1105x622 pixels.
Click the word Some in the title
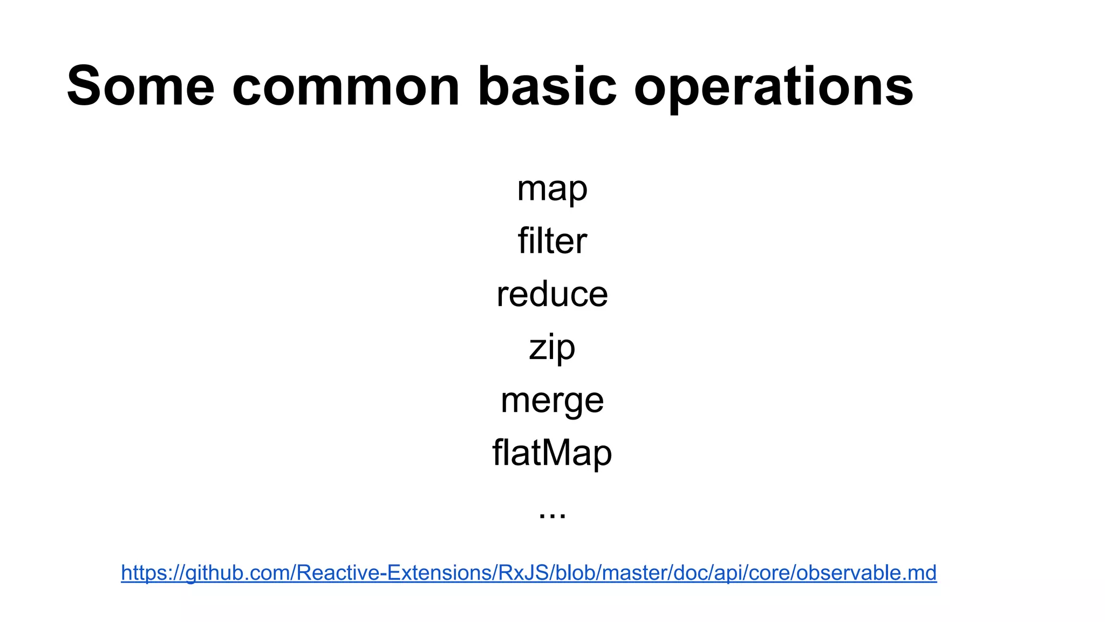[x=141, y=86]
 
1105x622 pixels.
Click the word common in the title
[x=346, y=86]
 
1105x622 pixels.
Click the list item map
[x=552, y=189]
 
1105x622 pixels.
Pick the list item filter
[x=552, y=241]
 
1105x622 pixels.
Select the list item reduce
[x=552, y=294]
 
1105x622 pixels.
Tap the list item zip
[x=552, y=347]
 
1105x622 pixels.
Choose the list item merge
[x=552, y=401]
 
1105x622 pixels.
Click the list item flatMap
[x=552, y=452]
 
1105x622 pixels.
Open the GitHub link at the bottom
[x=528, y=573]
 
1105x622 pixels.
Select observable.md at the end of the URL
[x=866, y=573]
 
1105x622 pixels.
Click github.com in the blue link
[x=237, y=573]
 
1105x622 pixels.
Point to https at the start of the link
[x=142, y=573]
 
